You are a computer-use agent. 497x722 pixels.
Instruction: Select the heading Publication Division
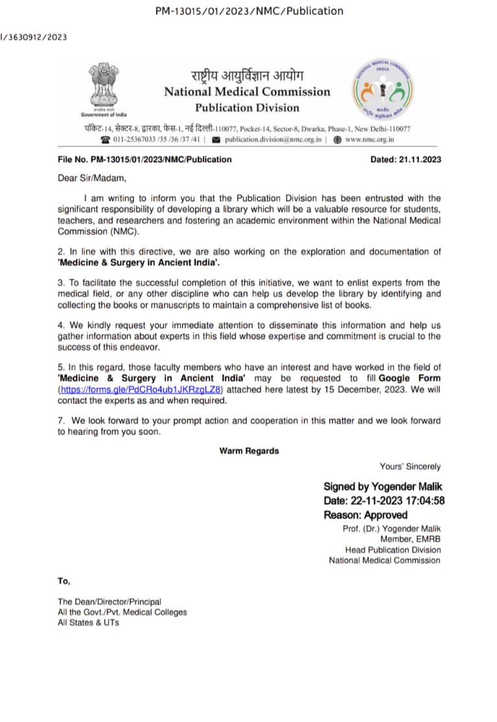(x=247, y=108)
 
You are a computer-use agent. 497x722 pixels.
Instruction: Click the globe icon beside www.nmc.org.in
(x=337, y=139)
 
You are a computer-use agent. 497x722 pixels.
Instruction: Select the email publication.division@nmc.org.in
(x=273, y=139)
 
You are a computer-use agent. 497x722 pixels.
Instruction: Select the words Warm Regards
(x=249, y=451)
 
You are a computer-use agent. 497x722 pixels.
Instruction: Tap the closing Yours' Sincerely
(x=410, y=466)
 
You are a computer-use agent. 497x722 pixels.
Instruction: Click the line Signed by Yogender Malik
(x=383, y=487)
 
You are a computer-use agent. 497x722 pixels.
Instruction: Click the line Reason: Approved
(x=365, y=515)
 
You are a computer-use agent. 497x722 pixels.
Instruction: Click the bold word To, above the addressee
(x=64, y=581)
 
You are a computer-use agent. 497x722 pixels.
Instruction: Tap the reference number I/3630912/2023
(x=33, y=37)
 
